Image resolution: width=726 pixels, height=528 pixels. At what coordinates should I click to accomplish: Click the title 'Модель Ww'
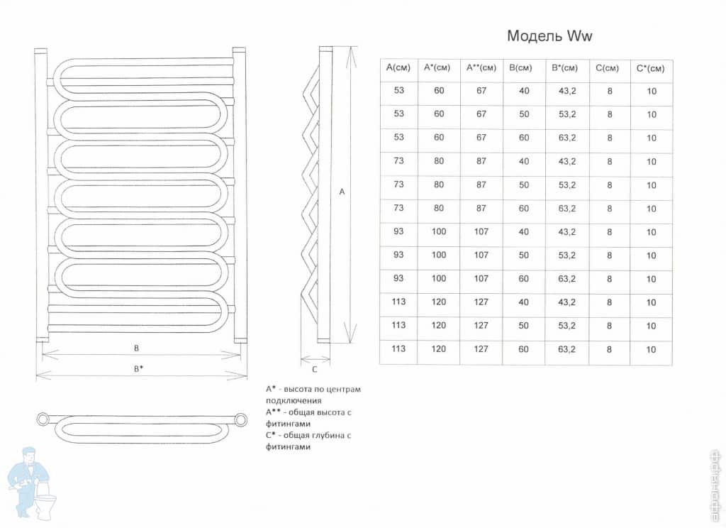pyautogui.click(x=549, y=35)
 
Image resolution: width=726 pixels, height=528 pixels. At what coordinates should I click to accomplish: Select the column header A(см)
pyautogui.click(x=398, y=67)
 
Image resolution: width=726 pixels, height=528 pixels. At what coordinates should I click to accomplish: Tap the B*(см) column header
pyautogui.click(x=565, y=67)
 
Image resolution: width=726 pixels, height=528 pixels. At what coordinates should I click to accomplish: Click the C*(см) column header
pyautogui.click(x=651, y=69)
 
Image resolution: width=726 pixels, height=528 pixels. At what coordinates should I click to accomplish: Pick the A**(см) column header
pyautogui.click(x=481, y=67)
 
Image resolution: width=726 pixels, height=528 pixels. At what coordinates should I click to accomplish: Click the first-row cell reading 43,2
pyautogui.click(x=567, y=91)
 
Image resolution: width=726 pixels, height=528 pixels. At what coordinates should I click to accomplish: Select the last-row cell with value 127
pyautogui.click(x=481, y=349)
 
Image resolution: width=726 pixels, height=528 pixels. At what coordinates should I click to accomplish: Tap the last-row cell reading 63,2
pyautogui.click(x=566, y=349)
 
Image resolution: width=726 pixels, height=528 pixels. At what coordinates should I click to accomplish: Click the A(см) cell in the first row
pyautogui.click(x=398, y=90)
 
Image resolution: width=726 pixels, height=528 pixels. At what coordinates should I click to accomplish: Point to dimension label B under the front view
pyautogui.click(x=136, y=348)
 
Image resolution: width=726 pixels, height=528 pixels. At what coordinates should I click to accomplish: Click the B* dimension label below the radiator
pyautogui.click(x=138, y=369)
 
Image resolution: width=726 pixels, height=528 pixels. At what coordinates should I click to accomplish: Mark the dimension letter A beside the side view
pyautogui.click(x=342, y=192)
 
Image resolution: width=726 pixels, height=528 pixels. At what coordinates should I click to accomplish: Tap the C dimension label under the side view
pyautogui.click(x=314, y=370)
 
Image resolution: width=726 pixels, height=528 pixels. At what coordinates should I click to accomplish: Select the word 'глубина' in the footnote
pyautogui.click(x=325, y=435)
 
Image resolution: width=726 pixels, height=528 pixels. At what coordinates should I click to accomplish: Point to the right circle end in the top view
pyautogui.click(x=241, y=420)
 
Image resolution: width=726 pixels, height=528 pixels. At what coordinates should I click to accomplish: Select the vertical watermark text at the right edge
pyautogui.click(x=718, y=487)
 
